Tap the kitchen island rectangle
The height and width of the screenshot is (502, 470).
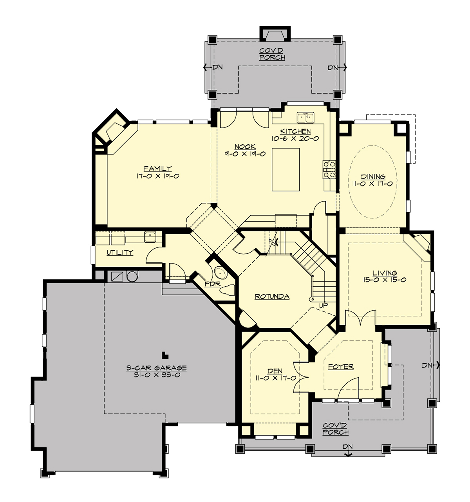point(286,169)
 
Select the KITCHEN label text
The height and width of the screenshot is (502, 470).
point(295,131)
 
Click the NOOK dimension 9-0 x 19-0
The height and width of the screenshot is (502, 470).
point(245,154)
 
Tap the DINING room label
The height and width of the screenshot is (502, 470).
point(373,176)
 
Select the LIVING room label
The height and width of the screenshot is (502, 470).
point(385,273)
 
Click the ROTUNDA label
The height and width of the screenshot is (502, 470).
point(272,296)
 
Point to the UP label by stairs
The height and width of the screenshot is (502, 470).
point(324,305)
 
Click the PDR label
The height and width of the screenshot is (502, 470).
point(213,284)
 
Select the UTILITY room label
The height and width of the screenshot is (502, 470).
point(120,253)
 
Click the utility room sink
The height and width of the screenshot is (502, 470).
point(150,236)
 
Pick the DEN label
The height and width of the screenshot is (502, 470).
point(275,371)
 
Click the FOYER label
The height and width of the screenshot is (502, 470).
point(340,367)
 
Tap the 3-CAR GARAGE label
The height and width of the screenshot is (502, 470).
point(156,368)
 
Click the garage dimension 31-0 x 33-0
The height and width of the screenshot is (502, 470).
point(156,375)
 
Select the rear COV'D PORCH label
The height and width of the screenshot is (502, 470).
point(272,54)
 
